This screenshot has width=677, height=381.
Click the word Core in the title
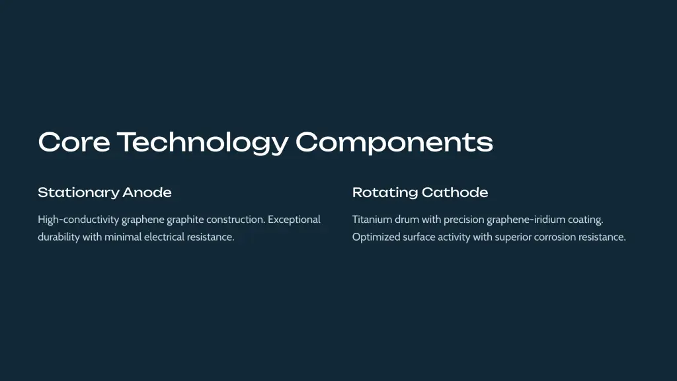pyautogui.click(x=74, y=142)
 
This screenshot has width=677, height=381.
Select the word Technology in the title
pyautogui.click(x=203, y=143)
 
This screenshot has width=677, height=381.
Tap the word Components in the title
pyautogui.click(x=394, y=143)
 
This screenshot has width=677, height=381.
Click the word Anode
pyautogui.click(x=147, y=192)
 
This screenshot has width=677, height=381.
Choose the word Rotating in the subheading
pyautogui.click(x=384, y=192)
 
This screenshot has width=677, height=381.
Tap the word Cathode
pyautogui.click(x=455, y=192)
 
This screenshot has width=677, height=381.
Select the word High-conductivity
pyautogui.click(x=78, y=220)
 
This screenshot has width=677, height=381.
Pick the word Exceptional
pyautogui.click(x=294, y=220)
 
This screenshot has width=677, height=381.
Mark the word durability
pyautogui.click(x=59, y=237)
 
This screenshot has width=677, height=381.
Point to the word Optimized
pyautogui.click(x=376, y=237)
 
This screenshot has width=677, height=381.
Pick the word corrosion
pyautogui.click(x=555, y=237)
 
